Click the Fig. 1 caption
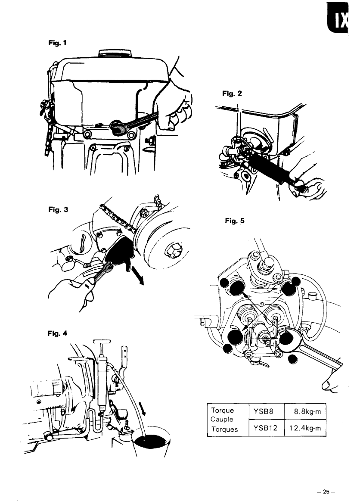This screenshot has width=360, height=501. pos(58,43)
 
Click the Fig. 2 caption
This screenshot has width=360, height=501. pos(232,93)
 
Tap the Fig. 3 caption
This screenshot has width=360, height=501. pos(58,210)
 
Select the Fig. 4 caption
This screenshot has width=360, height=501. pos(58,333)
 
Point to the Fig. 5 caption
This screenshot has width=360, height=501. pos(234,221)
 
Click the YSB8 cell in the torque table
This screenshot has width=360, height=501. pos(264,411)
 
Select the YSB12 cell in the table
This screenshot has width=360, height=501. pos(265,428)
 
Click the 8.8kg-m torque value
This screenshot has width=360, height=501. pos(307,411)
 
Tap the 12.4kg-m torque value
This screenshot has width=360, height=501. pos(305,428)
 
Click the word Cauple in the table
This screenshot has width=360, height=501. pos(222,419)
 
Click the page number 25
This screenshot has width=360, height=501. pos(326,492)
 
